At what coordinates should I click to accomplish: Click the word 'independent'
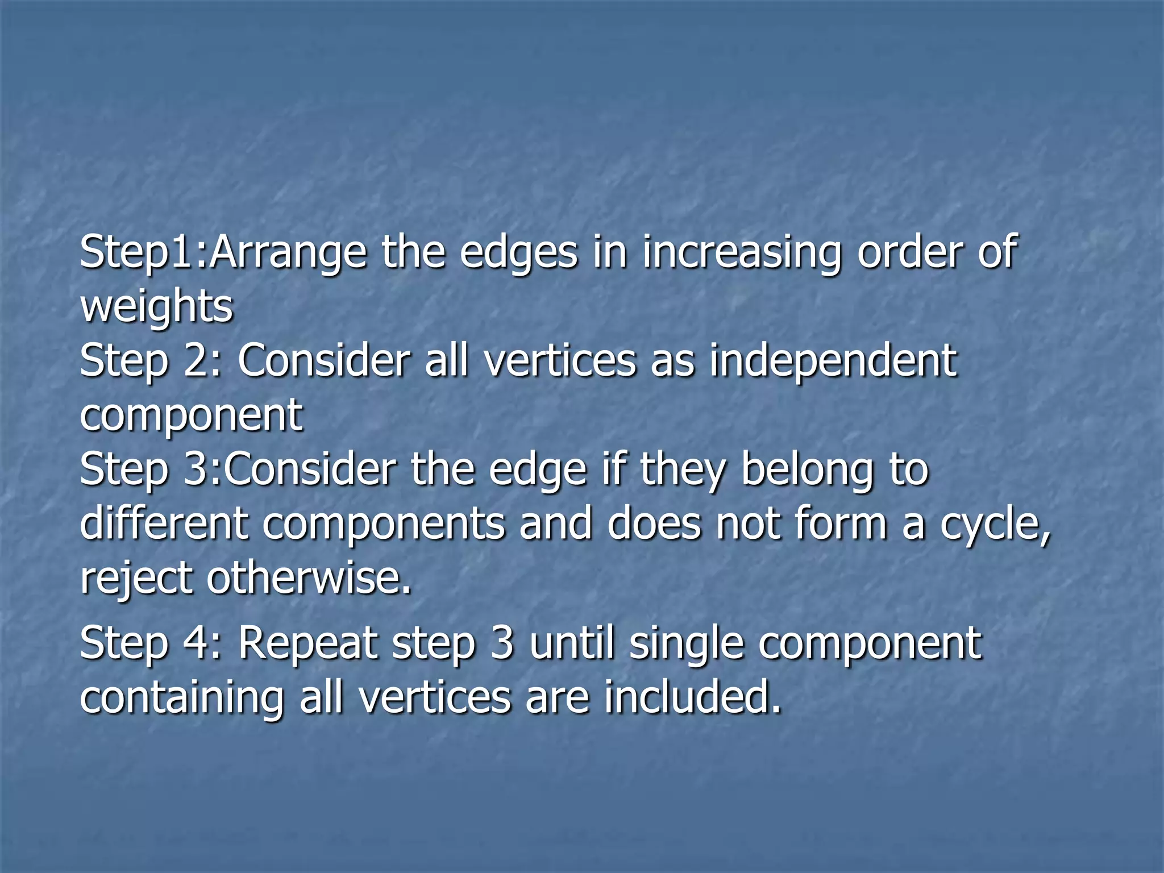tap(833, 361)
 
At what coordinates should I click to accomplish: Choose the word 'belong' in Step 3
tap(807, 471)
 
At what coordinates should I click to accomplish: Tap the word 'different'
tap(164, 523)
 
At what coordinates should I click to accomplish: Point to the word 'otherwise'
tap(307, 577)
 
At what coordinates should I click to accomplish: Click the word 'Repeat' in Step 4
tap(307, 645)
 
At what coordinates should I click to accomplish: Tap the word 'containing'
tap(181, 699)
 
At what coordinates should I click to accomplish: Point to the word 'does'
tap(654, 523)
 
